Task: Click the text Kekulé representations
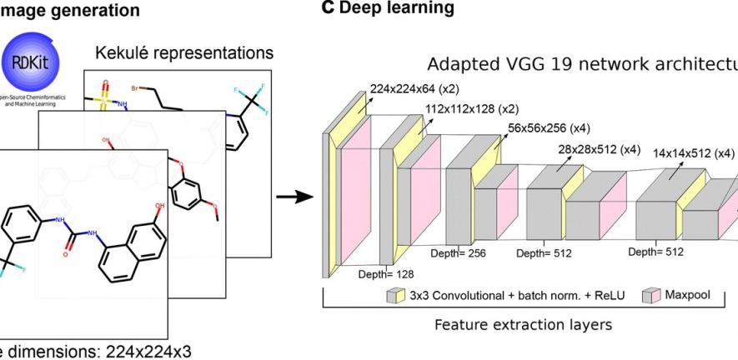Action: point(184,53)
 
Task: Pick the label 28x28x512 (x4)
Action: point(600,149)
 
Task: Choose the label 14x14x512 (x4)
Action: point(694,153)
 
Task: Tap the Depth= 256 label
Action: point(457,252)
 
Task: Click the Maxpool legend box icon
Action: point(652,296)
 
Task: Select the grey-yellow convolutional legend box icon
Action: point(395,296)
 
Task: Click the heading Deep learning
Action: point(391,8)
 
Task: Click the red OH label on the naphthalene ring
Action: point(158,202)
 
